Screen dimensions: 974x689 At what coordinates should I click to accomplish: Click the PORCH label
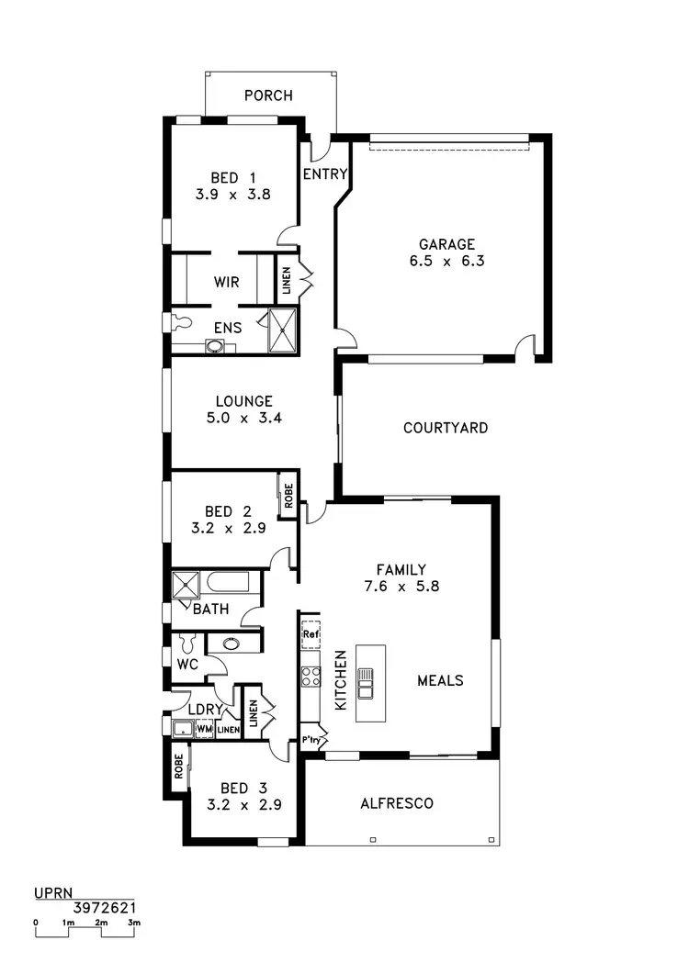(x=268, y=95)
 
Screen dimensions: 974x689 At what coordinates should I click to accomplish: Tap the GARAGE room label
(x=446, y=244)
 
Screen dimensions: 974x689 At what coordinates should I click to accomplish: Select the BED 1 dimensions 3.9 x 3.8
(x=232, y=195)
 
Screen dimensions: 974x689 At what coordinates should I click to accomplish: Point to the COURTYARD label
(x=446, y=428)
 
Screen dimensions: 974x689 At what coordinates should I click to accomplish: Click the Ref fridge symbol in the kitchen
(x=311, y=633)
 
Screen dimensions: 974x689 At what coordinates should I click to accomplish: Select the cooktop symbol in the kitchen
(x=311, y=677)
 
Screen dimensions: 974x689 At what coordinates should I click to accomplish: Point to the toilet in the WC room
(x=189, y=643)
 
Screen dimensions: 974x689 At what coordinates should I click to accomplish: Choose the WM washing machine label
(x=205, y=729)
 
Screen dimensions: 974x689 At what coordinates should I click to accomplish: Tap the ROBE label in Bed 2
(x=288, y=497)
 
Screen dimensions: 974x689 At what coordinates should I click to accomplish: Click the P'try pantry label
(x=311, y=740)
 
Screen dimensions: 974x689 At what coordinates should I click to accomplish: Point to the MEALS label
(x=440, y=680)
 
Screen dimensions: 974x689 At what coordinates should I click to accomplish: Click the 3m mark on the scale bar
(x=134, y=922)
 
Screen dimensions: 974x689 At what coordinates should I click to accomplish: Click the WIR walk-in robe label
(x=226, y=282)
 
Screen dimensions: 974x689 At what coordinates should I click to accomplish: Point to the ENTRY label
(x=325, y=174)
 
